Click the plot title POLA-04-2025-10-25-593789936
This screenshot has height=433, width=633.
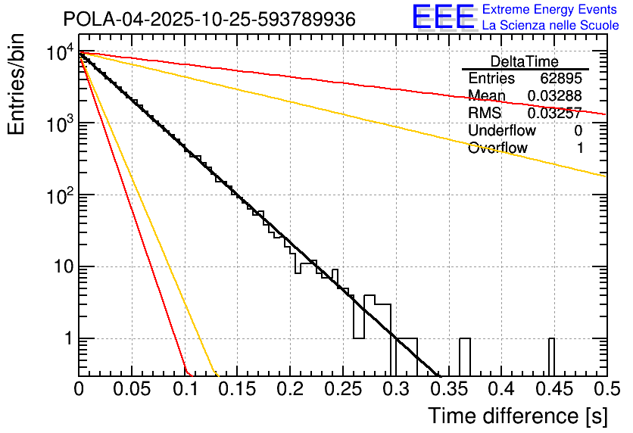click(x=209, y=20)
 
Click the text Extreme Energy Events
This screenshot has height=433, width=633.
click(x=550, y=10)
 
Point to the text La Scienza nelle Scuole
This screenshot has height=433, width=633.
click(x=550, y=25)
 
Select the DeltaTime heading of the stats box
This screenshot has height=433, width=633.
click(x=525, y=61)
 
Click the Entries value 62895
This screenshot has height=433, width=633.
click(x=562, y=79)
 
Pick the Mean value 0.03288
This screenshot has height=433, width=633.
click(x=555, y=96)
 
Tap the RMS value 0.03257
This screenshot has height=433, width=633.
click(x=555, y=114)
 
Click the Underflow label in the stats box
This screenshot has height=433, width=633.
click(x=497, y=131)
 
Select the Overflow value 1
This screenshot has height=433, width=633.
click(x=580, y=148)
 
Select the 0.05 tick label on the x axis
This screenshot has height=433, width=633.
click(x=131, y=389)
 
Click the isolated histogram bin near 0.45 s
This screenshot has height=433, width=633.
click(x=551, y=356)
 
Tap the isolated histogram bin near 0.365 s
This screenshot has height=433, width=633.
click(x=465, y=356)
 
